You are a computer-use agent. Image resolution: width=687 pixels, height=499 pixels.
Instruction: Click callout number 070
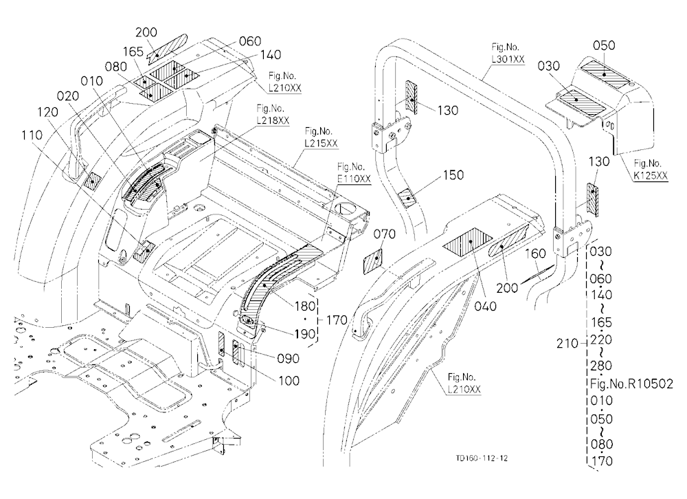pos(384,234)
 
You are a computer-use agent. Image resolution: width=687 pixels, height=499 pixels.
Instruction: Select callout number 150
pos(453,175)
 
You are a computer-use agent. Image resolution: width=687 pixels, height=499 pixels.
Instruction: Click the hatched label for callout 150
pos(409,197)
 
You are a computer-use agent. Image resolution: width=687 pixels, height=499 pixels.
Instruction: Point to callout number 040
pos(486,306)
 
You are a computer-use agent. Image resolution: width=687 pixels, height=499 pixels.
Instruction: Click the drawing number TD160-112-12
pos(482,458)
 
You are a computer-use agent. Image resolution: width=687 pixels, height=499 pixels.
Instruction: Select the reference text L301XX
pos(508,59)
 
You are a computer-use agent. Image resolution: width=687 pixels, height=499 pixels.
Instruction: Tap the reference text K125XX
pos(651,176)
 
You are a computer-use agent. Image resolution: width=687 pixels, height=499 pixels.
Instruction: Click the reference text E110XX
pos(354,179)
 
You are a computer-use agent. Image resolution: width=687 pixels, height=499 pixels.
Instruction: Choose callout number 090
pos(289,358)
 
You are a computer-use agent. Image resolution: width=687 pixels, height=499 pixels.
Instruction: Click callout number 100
pos(289,380)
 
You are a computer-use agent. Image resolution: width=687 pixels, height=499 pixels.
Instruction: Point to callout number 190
pos(305,333)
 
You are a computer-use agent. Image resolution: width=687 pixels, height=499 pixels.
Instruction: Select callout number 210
pos(567,344)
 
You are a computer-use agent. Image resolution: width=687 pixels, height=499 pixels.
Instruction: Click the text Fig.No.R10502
pos(631,384)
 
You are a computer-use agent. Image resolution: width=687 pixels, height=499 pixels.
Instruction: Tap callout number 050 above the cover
pos(604,45)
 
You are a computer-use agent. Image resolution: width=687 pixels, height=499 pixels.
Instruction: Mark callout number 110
pos(32,135)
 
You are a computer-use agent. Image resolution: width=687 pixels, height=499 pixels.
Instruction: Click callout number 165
pos(133,52)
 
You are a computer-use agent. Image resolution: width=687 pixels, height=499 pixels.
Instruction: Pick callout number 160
pos(535,254)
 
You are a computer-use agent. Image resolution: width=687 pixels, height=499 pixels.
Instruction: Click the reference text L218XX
pos(273,120)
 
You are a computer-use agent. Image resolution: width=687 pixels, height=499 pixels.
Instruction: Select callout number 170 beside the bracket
pos(337,320)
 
